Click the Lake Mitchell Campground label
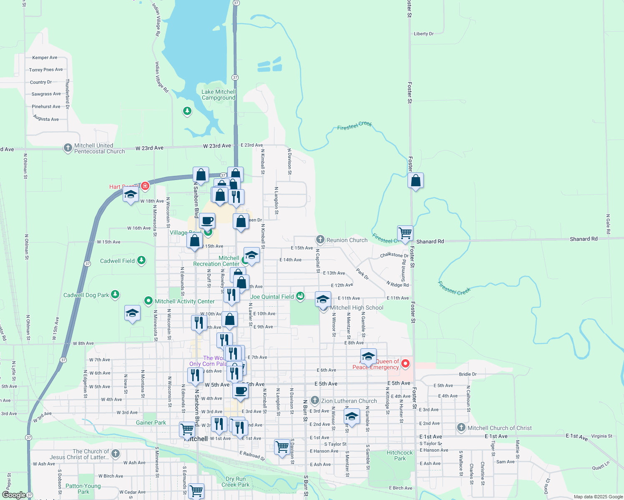click(x=219, y=95)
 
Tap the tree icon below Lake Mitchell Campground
click(x=187, y=111)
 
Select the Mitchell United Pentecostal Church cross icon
click(x=68, y=148)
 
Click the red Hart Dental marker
click(x=145, y=186)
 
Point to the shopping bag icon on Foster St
click(x=415, y=181)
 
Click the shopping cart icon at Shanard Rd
click(x=405, y=233)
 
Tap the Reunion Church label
click(x=347, y=240)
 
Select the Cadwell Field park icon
click(x=141, y=260)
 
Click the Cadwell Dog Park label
click(x=86, y=295)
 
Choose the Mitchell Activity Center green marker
click(x=148, y=301)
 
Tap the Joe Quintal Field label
click(x=272, y=297)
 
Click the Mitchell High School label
click(x=357, y=307)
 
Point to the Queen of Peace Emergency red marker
click(x=405, y=364)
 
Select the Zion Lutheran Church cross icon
click(x=315, y=400)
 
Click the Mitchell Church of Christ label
click(x=499, y=428)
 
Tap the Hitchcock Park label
click(x=400, y=455)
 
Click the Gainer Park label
click(x=151, y=422)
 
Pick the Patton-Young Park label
click(x=83, y=489)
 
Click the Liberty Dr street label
click(x=423, y=34)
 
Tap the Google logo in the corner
click(x=14, y=495)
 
